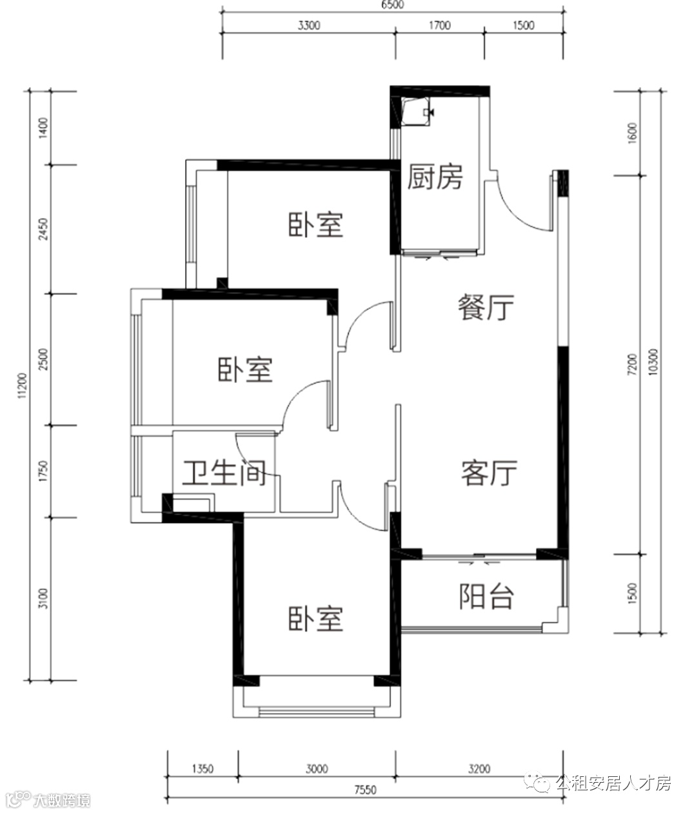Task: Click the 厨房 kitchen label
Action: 435,176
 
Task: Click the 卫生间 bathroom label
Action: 224,473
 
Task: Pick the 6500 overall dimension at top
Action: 392,5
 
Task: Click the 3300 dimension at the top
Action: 309,26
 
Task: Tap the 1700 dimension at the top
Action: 439,26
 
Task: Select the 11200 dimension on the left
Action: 22,386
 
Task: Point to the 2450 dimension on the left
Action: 43,230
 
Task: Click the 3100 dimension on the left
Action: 43,599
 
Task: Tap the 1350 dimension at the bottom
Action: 203,769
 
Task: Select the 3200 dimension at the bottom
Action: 479,769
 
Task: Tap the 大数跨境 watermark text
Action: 61,800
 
